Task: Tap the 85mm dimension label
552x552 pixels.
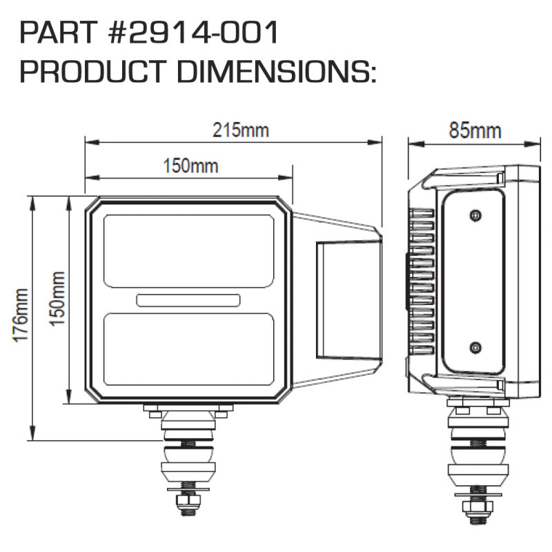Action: (475, 130)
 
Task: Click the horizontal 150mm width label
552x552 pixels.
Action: (190, 166)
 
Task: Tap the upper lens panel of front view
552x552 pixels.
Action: (188, 250)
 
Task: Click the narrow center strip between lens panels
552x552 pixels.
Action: (188, 299)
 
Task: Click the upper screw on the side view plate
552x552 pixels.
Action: (475, 216)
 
